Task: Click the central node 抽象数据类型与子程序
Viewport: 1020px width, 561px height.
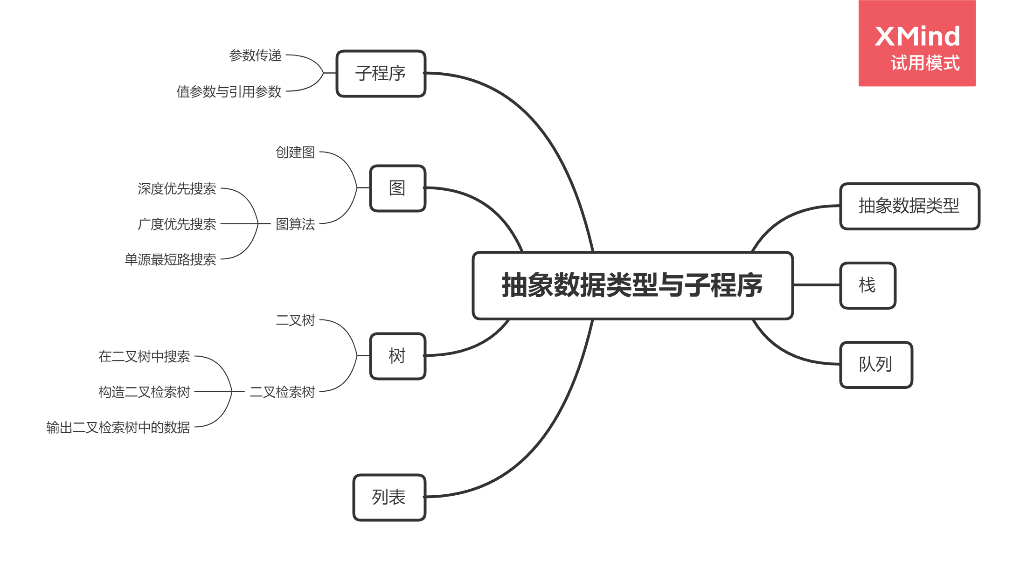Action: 632,285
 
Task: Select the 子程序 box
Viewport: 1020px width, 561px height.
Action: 381,74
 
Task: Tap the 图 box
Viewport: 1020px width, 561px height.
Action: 397,188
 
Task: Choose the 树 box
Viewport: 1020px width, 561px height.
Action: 397,356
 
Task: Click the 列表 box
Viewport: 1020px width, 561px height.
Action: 389,497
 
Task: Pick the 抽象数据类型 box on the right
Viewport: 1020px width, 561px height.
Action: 909,206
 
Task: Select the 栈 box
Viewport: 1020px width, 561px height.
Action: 867,285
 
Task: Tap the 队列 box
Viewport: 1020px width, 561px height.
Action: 876,365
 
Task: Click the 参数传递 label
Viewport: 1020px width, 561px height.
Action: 256,55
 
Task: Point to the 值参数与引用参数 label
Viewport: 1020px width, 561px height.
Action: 229,92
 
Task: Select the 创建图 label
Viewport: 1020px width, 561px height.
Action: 296,152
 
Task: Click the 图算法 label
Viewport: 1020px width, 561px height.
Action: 296,224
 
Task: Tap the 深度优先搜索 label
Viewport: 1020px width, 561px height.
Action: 177,189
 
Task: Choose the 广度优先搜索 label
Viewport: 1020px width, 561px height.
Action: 177,224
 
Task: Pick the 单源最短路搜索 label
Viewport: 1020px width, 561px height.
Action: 171,260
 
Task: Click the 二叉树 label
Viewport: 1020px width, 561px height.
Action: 296,320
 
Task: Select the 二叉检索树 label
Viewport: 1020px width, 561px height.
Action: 283,392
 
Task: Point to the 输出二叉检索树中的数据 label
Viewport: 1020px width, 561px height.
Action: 118,428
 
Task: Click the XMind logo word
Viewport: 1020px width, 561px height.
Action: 917,36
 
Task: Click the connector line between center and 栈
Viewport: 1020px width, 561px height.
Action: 816,285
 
